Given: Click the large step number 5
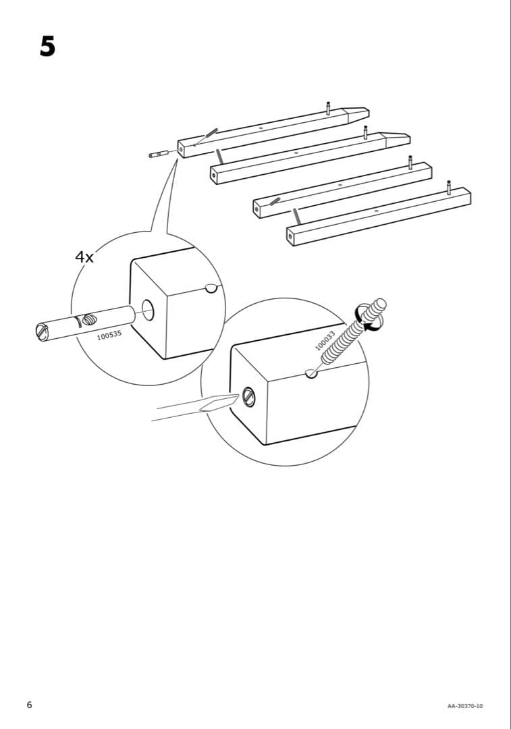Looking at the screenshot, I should pyautogui.click(x=47, y=46).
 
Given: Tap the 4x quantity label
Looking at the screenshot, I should pyautogui.click(x=85, y=257).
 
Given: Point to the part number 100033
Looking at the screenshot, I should pyautogui.click(x=325, y=341).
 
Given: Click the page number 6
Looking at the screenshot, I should pyautogui.click(x=29, y=705).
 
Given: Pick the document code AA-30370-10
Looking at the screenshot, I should pyautogui.click(x=464, y=706).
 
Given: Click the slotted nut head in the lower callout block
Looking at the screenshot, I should pyautogui.click(x=248, y=397).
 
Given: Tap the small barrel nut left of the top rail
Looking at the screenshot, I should pyautogui.click(x=159, y=154).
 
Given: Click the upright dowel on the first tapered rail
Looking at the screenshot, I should pyautogui.click(x=328, y=108).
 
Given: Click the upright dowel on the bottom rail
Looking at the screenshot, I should pyautogui.click(x=448, y=187).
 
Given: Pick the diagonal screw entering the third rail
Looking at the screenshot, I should pyautogui.click(x=275, y=200).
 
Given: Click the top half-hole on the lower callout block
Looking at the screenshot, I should pyautogui.click(x=311, y=373).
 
